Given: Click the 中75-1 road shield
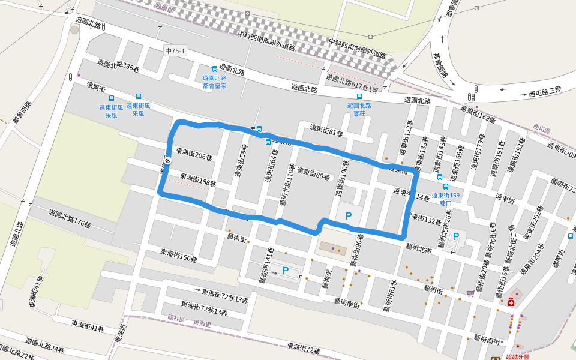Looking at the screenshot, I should (x=175, y=51).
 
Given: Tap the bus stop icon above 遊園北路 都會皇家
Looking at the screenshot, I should (x=215, y=70).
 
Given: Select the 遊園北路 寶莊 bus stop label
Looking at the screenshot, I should (x=359, y=109).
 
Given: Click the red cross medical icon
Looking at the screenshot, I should (x=511, y=303).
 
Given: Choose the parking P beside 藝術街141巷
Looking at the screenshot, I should (x=286, y=271).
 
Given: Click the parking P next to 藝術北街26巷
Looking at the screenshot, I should (x=455, y=237).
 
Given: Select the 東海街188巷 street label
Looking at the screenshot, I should (x=197, y=179).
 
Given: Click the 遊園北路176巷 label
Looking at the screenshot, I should (x=70, y=217).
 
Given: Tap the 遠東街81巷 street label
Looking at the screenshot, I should (x=326, y=130).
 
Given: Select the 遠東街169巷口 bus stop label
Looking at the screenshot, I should (x=445, y=199).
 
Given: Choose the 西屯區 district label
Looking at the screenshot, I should (x=541, y=128).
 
